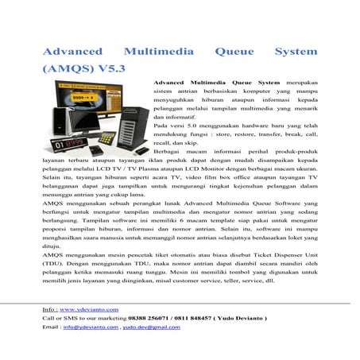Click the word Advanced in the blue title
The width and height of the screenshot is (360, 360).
pos(69,52)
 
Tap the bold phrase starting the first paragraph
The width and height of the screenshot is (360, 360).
pos(216,82)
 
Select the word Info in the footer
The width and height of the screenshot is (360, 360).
pos(50,308)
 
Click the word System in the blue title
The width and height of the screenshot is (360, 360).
pos(295,52)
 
